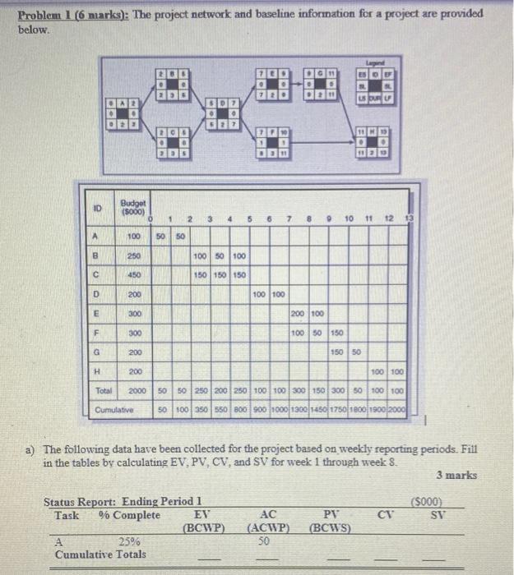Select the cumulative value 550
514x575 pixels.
click(x=221, y=408)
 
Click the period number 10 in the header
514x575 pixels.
click(x=349, y=218)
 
